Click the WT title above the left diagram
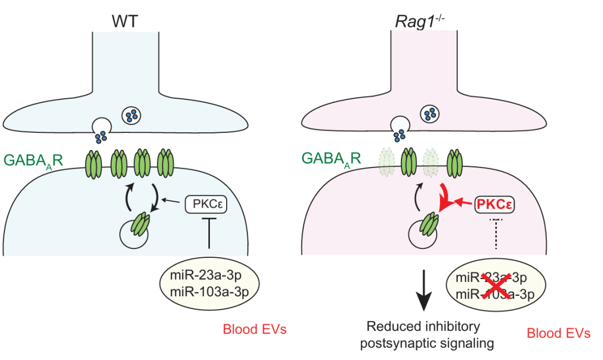click(127, 21)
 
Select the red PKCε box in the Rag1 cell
click(494, 205)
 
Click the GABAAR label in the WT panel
click(33, 160)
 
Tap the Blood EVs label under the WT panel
click(255, 329)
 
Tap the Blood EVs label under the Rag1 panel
click(558, 334)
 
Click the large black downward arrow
click(425, 290)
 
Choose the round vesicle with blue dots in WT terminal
click(132, 116)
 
